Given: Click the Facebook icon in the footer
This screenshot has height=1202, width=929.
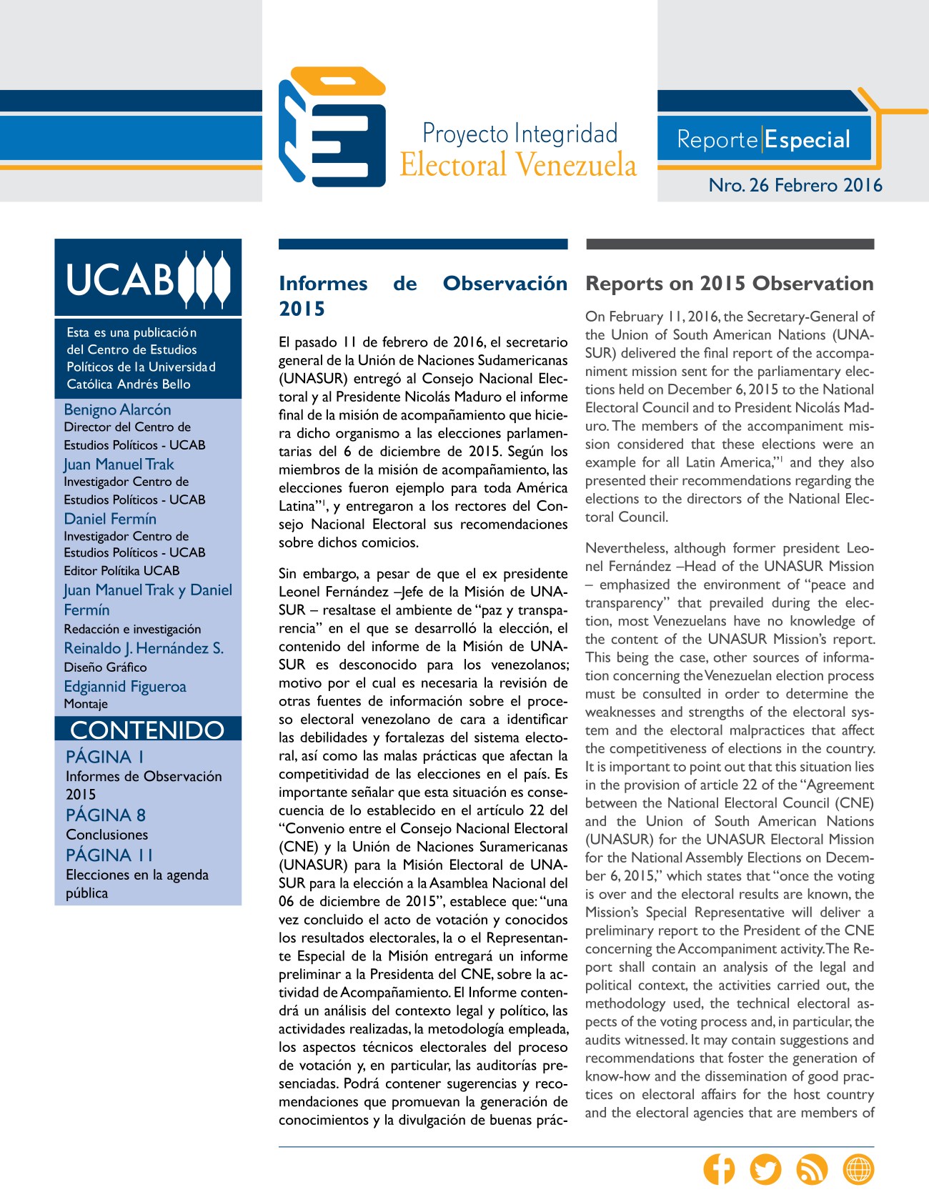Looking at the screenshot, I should [x=719, y=1169].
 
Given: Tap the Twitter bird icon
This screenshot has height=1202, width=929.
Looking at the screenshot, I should [x=765, y=1169].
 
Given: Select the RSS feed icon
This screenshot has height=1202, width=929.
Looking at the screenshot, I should [x=812, y=1169].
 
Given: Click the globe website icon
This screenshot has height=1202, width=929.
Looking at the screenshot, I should [x=858, y=1169].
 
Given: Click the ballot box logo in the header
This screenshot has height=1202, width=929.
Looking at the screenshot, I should [x=332, y=127].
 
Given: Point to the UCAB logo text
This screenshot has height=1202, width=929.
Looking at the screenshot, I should [x=120, y=279].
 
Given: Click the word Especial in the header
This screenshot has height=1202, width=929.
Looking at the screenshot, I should [x=808, y=139].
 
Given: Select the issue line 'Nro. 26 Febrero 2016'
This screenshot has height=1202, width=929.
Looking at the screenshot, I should [x=795, y=185].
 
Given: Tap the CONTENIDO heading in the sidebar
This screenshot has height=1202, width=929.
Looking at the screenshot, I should [x=147, y=730].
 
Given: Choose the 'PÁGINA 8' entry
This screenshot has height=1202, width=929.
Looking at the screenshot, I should [x=106, y=815].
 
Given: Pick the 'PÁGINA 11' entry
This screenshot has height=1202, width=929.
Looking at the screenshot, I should [x=109, y=855].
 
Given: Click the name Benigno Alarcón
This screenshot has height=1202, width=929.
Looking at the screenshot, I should [x=117, y=409].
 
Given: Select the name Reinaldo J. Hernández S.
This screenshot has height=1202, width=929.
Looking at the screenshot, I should [x=144, y=648].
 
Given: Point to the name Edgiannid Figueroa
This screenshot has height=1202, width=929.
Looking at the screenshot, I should [x=125, y=686].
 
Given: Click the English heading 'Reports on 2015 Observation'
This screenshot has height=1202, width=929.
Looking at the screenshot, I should [x=729, y=284].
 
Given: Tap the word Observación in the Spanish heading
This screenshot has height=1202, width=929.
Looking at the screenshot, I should [x=505, y=284].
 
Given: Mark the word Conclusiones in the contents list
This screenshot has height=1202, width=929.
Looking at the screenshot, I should [x=107, y=835].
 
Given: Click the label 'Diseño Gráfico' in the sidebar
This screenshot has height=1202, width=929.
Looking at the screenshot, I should [x=105, y=667].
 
